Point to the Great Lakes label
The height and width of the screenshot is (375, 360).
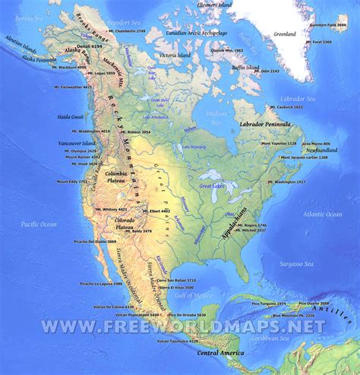click(211, 184)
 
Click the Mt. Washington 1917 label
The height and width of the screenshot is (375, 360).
click(286, 183)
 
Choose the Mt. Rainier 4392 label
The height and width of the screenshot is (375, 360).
click(78, 157)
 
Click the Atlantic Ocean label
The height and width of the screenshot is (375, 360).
click(323, 215)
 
